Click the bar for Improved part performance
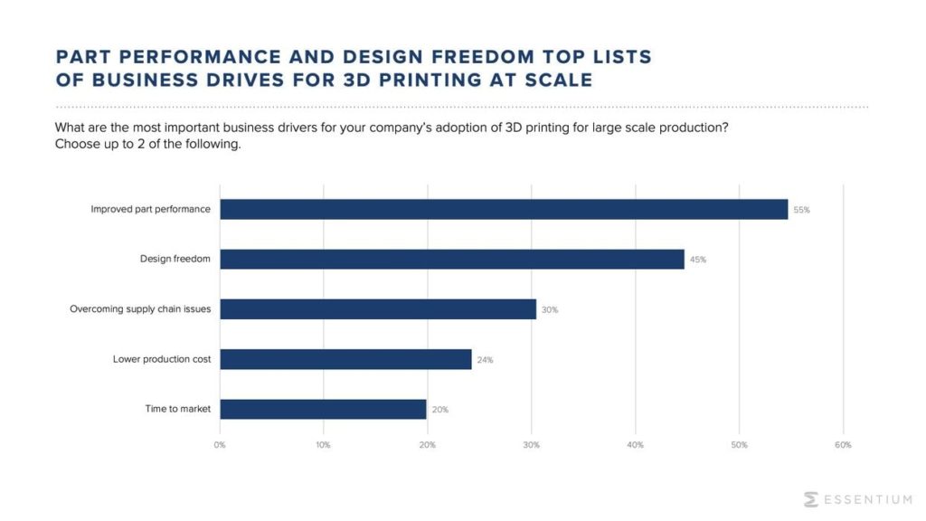coord(504,209)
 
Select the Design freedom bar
coord(452,259)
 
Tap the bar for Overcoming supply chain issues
coord(378,309)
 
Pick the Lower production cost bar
coord(345,359)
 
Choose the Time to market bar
coord(323,409)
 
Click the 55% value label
coord(801,210)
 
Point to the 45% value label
coord(697,260)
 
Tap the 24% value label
coord(485,360)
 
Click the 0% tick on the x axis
coord(220,445)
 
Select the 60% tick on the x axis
coord(843,445)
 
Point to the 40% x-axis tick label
coord(636,445)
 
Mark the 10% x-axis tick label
coord(324,445)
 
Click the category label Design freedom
coord(175,260)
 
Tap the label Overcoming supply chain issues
coord(140,309)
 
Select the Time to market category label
coord(177,409)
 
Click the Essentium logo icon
coord(811,499)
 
